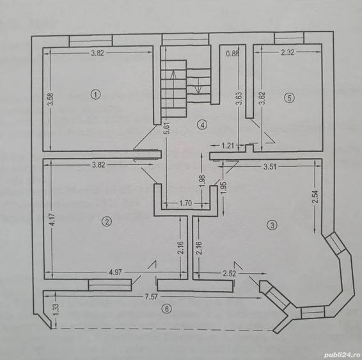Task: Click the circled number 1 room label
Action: tap(95, 95)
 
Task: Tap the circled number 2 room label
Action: tap(107, 222)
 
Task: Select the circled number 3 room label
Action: tap(272, 224)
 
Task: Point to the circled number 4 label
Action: tap(202, 125)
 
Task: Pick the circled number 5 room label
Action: tap(289, 98)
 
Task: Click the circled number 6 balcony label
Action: tap(167, 309)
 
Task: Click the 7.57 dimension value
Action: tap(151, 297)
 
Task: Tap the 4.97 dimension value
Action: tap(115, 272)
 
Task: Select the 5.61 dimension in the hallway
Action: tap(167, 129)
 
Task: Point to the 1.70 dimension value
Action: tap(185, 203)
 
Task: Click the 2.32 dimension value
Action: tap(288, 52)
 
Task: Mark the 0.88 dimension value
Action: tap(232, 54)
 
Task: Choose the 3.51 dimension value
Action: tap(270, 167)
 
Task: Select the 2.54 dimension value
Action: tap(315, 196)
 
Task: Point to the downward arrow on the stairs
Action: tap(198, 86)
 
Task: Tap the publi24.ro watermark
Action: tap(342, 355)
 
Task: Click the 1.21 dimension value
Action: tap(228, 146)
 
